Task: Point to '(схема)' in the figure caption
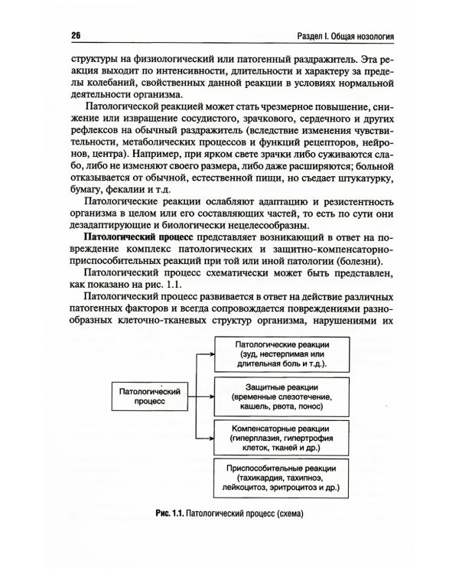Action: click(x=286, y=514)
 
